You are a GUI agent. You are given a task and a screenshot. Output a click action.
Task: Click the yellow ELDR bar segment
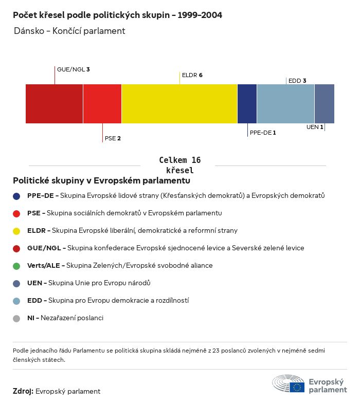pos(179,104)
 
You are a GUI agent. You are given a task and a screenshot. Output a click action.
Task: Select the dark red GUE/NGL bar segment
pos(54,104)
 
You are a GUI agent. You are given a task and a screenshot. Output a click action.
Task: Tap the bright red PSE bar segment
pos(102,104)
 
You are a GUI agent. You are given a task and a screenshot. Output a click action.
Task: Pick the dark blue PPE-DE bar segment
pos(247,104)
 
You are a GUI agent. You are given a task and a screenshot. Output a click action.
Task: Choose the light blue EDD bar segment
pos(285,104)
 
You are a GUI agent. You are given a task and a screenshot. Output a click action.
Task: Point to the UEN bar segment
pos(325,104)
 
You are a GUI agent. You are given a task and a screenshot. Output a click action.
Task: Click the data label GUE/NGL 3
pos(74,69)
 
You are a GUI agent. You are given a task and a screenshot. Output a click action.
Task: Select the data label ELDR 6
pos(192,75)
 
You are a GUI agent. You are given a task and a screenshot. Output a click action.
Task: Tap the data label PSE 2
pos(113,138)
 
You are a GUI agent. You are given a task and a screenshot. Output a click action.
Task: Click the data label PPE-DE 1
pos(263,133)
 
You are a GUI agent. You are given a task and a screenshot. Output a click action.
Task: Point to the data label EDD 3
pos(297,81)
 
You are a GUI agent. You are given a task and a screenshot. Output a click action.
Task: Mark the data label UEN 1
pos(315,127)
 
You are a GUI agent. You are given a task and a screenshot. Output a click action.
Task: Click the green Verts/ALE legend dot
pos(17,266)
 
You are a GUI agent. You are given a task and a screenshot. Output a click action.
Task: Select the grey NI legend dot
pos(17,318)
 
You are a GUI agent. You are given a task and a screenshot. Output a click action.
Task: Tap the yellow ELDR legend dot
pos(17,231)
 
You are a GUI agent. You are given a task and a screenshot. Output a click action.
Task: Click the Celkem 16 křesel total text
pos(179,165)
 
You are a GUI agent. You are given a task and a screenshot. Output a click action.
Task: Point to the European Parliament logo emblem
pos(289,384)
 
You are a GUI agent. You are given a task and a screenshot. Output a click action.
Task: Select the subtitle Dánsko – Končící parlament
pos(70,31)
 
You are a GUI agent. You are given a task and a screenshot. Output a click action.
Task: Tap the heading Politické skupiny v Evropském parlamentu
pos(101,181)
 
